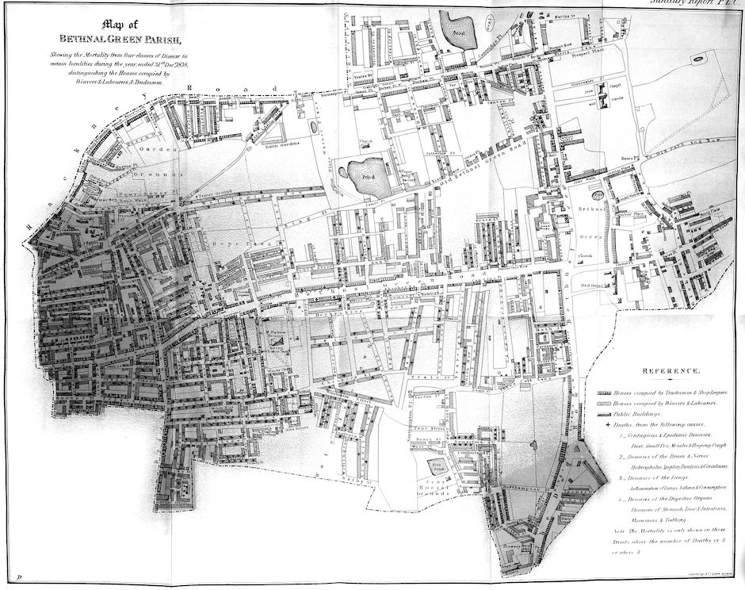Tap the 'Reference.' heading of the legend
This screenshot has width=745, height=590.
(670, 371)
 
